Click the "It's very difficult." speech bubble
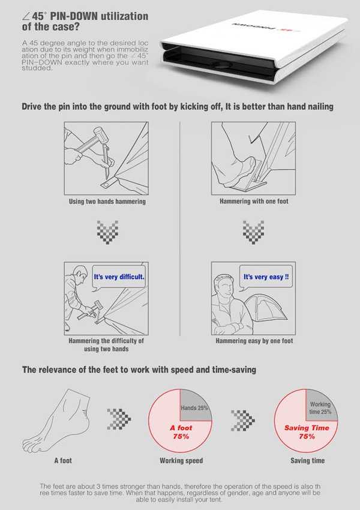119,278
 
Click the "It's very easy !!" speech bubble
266,278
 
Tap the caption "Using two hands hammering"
108,202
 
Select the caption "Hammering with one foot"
254,202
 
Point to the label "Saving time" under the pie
307,461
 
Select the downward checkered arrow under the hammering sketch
107,231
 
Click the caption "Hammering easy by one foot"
254,341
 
